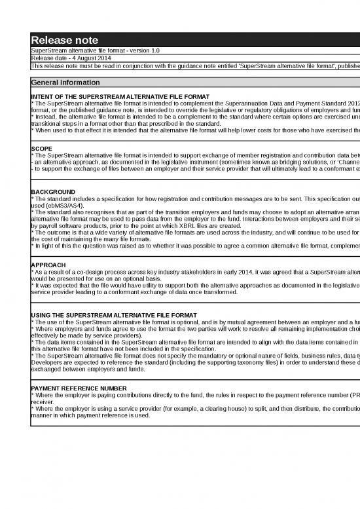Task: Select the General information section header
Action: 65,83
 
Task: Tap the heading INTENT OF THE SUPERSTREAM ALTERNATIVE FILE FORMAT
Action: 120,96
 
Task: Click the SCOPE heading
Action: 42,149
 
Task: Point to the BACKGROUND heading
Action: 53,191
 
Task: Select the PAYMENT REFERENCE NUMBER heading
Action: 79,388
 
